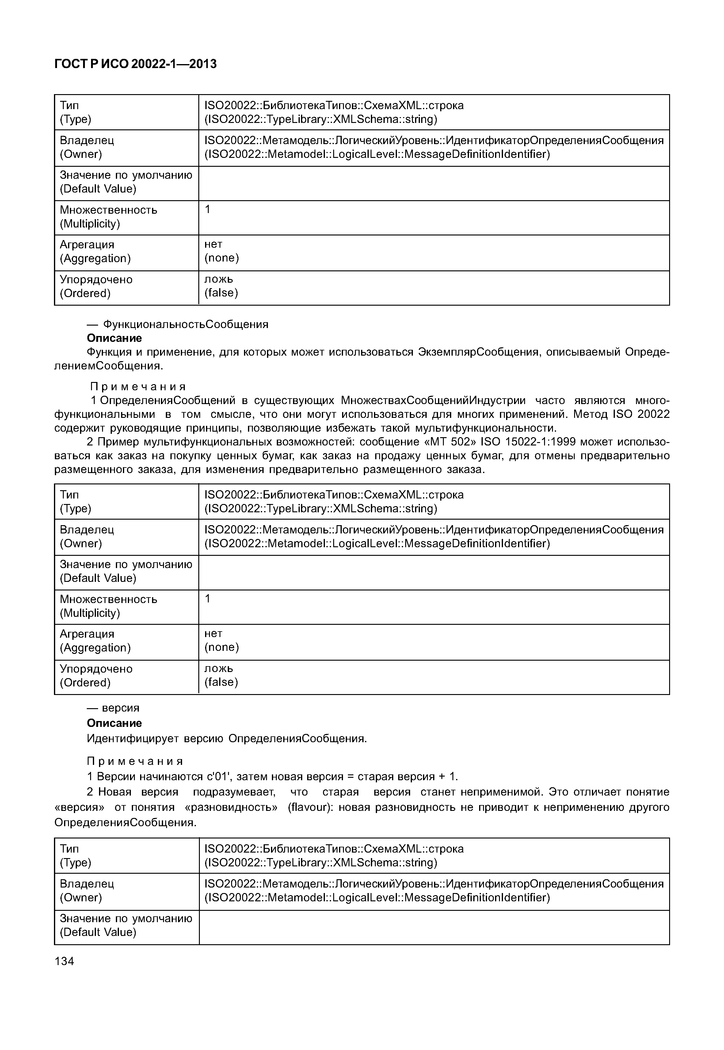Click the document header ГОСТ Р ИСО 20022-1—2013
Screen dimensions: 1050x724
[135, 64]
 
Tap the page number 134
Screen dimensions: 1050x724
[64, 960]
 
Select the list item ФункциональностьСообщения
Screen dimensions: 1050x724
[185, 324]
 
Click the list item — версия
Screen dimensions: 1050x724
[113, 708]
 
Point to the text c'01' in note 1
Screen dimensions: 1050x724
[221, 776]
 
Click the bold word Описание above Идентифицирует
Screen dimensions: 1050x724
[114, 723]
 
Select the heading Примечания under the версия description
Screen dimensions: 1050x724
[135, 761]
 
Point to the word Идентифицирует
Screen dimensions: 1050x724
[133, 738]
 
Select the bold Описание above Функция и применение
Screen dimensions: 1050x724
[114, 338]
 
